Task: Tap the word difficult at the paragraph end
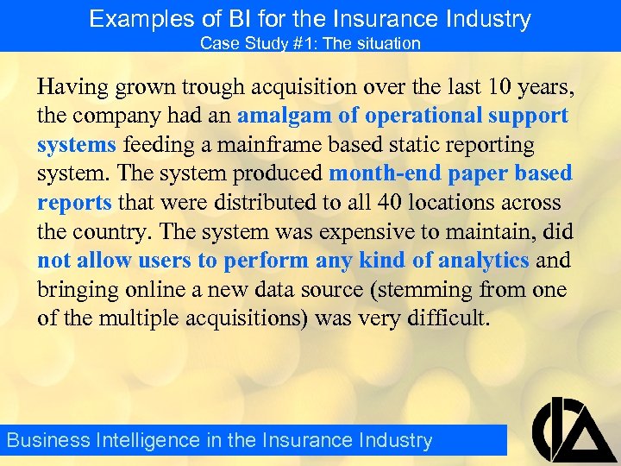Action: pos(448,318)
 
